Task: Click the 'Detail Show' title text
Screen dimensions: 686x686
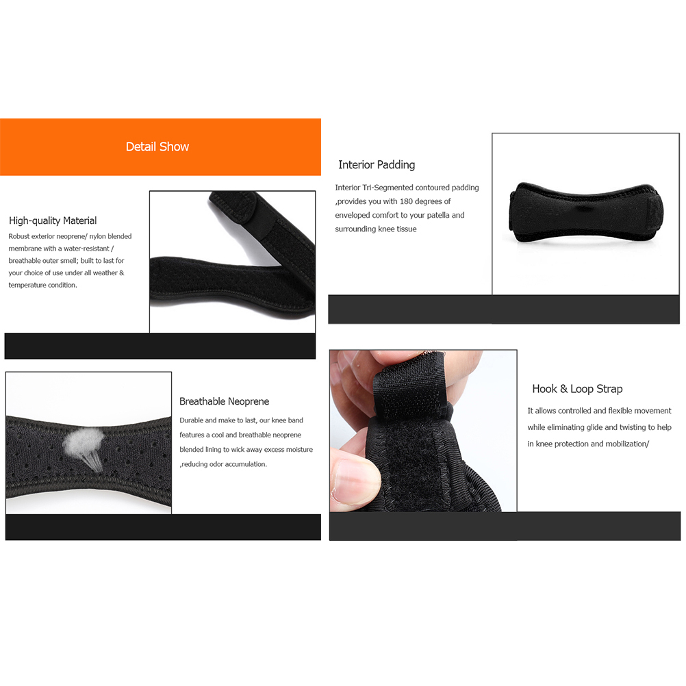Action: coord(157,147)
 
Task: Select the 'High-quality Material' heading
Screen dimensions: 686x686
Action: coord(53,220)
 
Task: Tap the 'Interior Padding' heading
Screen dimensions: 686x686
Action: coord(377,165)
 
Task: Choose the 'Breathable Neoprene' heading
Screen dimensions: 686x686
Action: coord(224,401)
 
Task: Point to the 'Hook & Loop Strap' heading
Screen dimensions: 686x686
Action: coord(577,389)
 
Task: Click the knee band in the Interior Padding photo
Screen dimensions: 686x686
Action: coord(586,213)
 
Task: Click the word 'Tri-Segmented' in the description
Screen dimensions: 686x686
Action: coord(388,188)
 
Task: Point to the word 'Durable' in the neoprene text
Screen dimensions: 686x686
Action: coord(191,420)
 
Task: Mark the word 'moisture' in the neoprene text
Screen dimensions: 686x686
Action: coord(299,449)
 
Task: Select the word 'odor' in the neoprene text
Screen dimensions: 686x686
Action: coord(216,464)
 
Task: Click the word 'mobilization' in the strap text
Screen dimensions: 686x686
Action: coord(626,444)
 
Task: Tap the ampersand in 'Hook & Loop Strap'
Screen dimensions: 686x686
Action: coord(563,389)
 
